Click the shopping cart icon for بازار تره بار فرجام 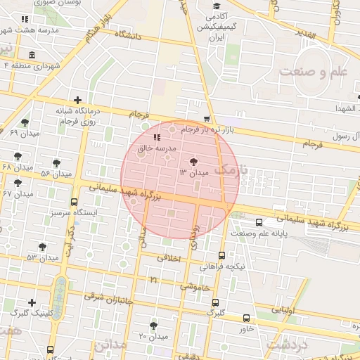click(206, 119)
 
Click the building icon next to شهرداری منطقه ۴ click(31, 56)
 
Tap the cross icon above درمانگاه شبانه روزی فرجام click(77, 101)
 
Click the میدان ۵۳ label click(41, 258)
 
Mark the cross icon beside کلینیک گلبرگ click(31, 302)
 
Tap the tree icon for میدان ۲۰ click(154, 326)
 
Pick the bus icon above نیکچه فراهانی click(222, 256)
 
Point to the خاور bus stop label click(245, 328)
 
